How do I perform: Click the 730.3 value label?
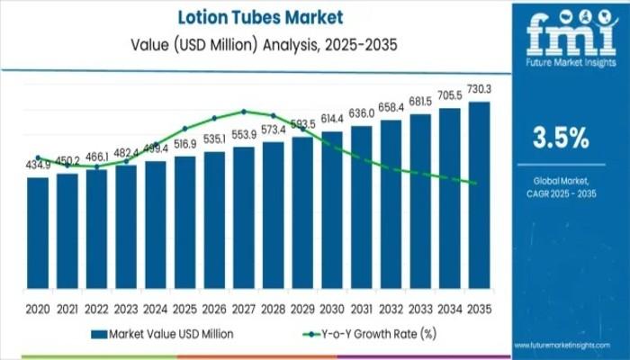pyautogui.click(x=480, y=89)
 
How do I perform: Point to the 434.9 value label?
pyautogui.click(x=38, y=166)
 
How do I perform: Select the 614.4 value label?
pyautogui.click(x=332, y=120)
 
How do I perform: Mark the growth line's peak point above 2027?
pyautogui.click(x=244, y=112)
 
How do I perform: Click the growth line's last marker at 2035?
pyautogui.click(x=474, y=183)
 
